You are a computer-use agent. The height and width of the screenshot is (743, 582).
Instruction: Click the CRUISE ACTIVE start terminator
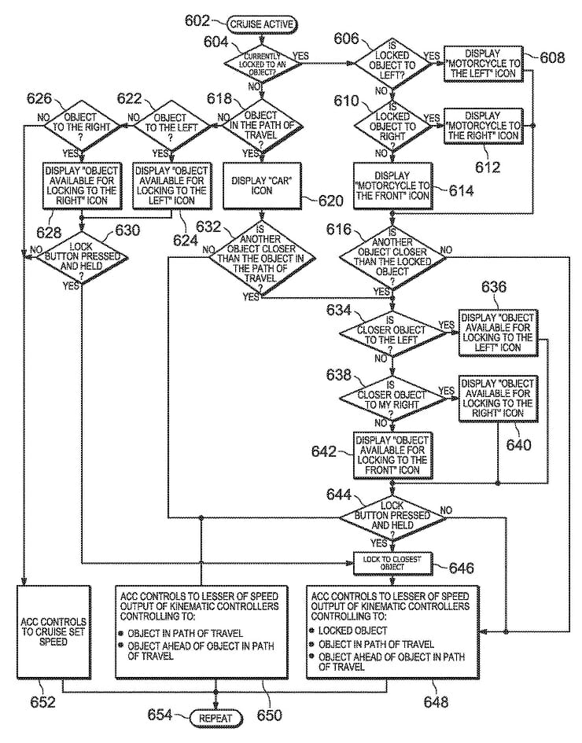[262, 24]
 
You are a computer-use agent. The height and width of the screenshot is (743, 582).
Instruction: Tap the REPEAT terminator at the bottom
[214, 716]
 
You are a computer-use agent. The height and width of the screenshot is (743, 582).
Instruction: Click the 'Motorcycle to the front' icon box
[392, 186]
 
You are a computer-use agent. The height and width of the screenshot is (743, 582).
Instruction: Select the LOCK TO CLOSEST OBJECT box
[390, 562]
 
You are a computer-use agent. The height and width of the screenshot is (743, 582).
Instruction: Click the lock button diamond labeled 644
[391, 517]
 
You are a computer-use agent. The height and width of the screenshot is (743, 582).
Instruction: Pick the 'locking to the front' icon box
[391, 454]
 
